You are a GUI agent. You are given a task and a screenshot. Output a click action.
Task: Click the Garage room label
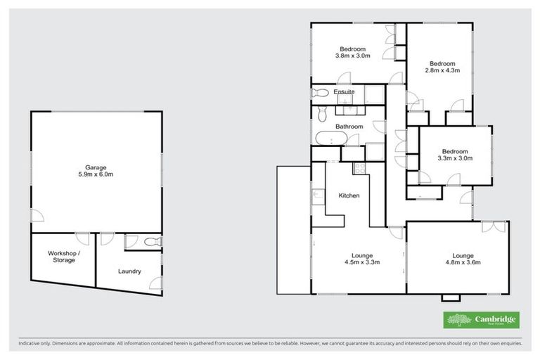tap(96, 167)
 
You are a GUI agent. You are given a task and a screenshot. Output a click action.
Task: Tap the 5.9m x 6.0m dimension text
tap(96, 174)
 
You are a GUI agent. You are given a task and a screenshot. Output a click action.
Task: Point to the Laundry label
tap(130, 271)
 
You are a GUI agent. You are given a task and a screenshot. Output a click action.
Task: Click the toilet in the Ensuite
tap(320, 92)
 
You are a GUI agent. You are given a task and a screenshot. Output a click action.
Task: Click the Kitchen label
tap(349, 195)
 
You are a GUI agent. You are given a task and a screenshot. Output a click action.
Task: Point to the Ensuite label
tap(344, 92)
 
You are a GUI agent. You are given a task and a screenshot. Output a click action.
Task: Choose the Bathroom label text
tap(349, 127)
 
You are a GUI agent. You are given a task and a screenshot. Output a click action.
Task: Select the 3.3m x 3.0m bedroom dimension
tap(454, 159)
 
